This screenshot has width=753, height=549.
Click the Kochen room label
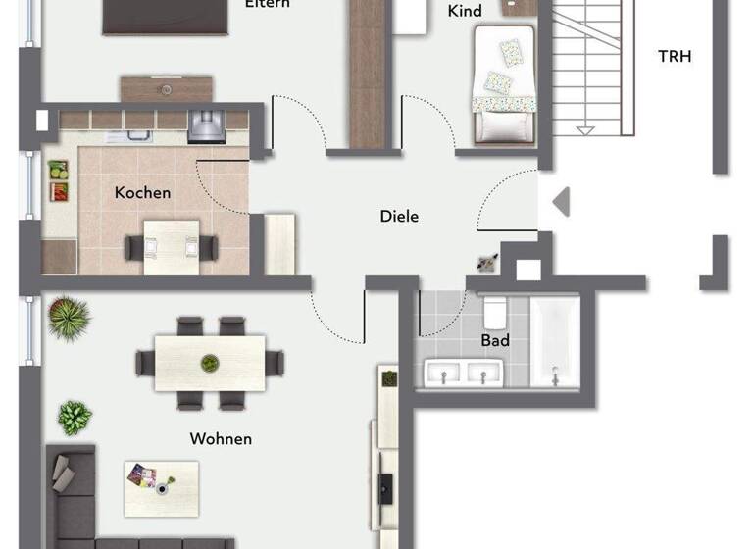(x=142, y=192)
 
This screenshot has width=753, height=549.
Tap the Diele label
(x=399, y=216)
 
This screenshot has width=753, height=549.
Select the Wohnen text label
(x=222, y=438)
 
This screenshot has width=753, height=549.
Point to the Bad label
(x=494, y=341)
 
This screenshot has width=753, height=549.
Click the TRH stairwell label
(x=674, y=56)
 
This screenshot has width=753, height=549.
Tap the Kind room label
(x=464, y=11)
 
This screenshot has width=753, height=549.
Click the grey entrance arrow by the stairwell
(x=561, y=203)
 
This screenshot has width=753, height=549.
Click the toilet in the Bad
(x=494, y=312)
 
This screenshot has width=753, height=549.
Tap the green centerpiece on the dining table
(x=209, y=364)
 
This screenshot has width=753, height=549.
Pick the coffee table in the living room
(x=160, y=487)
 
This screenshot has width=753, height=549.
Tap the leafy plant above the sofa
(x=75, y=419)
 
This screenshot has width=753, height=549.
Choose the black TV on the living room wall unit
(x=386, y=487)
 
